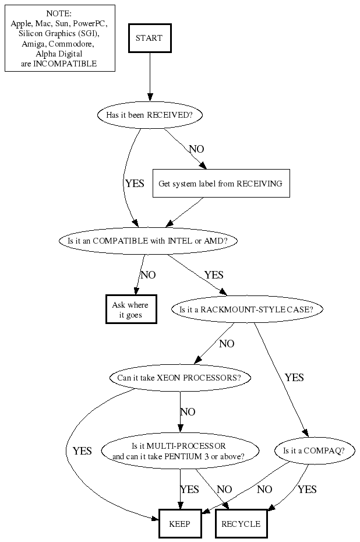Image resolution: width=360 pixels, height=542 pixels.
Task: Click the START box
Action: (149, 38)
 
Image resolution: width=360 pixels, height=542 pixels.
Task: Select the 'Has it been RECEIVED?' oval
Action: (149, 115)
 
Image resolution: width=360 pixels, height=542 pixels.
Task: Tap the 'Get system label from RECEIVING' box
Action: (220, 184)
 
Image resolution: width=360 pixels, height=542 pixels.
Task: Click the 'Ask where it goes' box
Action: (130, 309)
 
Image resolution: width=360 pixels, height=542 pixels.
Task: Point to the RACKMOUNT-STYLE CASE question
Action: (246, 309)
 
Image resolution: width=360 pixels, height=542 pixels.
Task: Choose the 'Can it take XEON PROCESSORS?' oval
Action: (179, 378)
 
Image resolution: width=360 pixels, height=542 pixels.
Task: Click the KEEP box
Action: (179, 524)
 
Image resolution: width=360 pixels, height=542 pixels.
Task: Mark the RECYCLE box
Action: (241, 524)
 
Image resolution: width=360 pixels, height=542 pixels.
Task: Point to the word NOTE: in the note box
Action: (59, 13)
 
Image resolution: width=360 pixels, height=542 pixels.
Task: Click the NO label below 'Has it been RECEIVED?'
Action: (197, 149)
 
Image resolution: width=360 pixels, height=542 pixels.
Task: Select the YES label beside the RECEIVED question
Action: (135, 184)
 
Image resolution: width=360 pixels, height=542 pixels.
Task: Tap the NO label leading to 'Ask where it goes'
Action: (148, 275)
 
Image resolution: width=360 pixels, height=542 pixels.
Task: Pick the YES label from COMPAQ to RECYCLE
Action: (307, 490)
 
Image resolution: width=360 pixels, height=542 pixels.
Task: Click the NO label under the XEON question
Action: (188, 412)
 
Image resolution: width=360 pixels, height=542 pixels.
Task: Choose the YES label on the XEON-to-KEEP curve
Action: (82, 451)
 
